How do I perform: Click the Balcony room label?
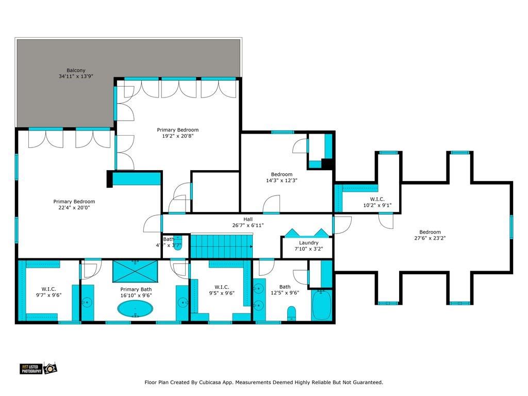tap(75, 71)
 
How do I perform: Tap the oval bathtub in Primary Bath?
tap(135, 309)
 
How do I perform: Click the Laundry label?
tap(308, 243)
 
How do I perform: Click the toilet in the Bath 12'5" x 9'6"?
tap(291, 313)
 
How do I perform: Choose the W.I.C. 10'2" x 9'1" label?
tap(377, 199)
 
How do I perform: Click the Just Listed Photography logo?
tap(38, 368)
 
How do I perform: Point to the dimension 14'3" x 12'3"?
tap(282, 180)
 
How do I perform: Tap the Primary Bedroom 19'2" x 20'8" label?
tap(177, 130)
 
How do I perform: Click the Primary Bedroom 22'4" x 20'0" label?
tap(74, 202)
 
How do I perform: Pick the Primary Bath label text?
tap(136, 289)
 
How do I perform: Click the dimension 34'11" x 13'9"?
tap(79, 77)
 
